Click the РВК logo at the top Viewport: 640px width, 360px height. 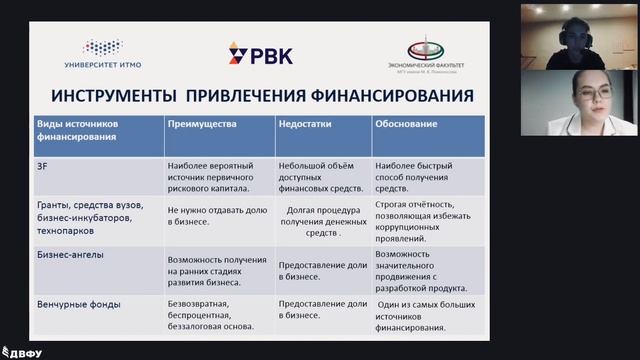[x=258, y=54]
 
